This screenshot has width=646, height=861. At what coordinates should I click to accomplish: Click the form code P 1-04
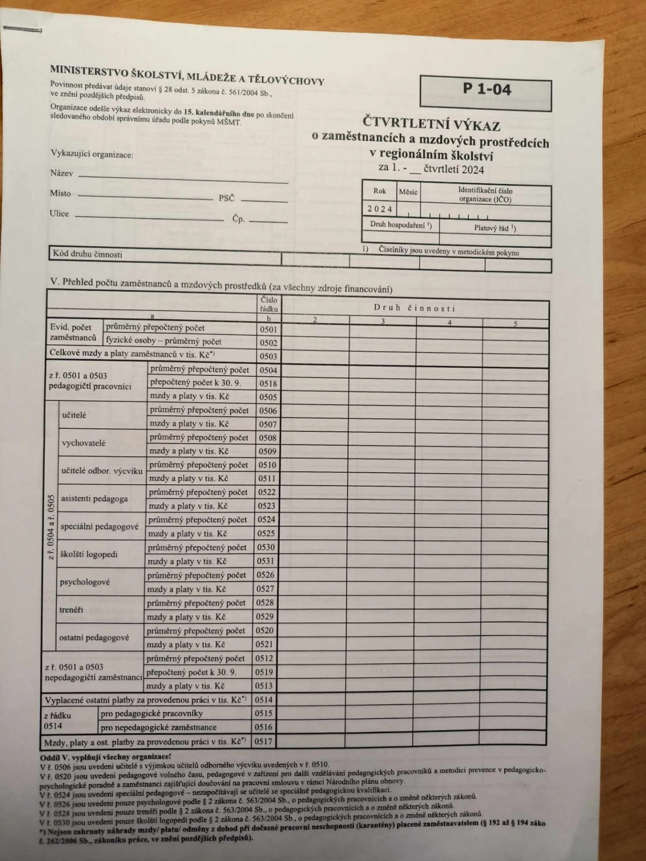(487, 89)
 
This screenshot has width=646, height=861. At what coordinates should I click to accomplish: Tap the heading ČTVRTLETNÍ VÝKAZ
(431, 123)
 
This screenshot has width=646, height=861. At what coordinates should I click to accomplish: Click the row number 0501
(268, 329)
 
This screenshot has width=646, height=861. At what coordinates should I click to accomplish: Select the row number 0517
(263, 741)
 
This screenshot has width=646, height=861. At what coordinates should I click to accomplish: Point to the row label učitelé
(74, 415)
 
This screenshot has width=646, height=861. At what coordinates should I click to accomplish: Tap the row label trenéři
(71, 609)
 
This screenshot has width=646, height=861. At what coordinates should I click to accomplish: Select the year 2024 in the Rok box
(380, 209)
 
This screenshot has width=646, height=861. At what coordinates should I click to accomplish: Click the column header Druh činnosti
(414, 308)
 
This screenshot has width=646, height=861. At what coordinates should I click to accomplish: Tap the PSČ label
(227, 198)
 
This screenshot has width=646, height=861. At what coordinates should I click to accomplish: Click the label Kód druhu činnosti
(87, 254)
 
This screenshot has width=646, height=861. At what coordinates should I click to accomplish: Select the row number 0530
(266, 547)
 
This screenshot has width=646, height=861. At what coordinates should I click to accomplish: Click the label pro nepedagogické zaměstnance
(158, 727)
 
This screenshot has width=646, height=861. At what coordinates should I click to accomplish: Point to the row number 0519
(264, 672)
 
